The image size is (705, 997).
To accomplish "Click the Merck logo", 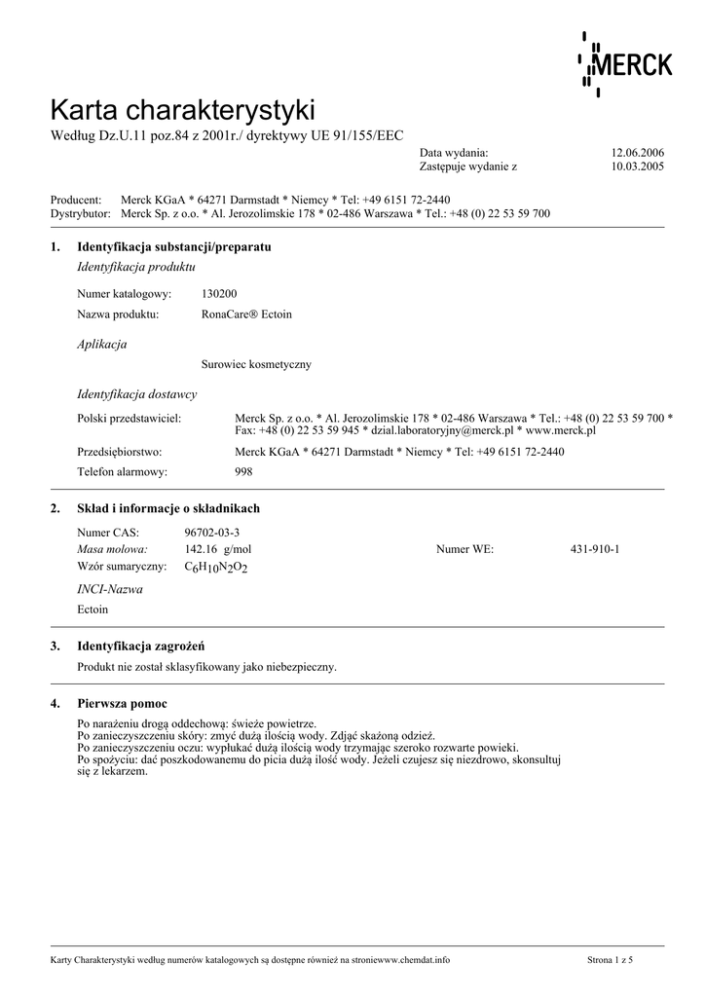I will tap(624, 64).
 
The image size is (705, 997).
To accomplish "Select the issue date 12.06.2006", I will tap(637, 153).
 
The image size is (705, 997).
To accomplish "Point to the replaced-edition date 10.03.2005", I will tap(637, 166).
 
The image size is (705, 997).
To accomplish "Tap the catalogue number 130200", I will tap(219, 293).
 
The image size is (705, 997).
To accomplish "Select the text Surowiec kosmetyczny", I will tap(256, 364).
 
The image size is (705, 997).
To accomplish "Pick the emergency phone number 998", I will tap(243, 471).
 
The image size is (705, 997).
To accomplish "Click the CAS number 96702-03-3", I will tap(211, 533).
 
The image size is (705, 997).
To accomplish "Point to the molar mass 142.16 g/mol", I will tap(212, 549).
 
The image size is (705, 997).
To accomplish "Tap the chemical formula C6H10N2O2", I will tap(216, 567).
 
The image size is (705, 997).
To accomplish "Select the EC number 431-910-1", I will tap(595, 549).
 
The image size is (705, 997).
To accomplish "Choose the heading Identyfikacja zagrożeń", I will tap(140, 646).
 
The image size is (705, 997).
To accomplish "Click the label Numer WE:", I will tap(464, 549).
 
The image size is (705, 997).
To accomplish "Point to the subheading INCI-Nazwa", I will tap(109, 589).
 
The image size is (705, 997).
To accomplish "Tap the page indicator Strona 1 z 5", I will tap(610, 960).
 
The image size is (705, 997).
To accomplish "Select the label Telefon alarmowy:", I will tap(122, 471).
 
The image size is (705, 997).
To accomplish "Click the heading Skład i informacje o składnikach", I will tap(167, 508).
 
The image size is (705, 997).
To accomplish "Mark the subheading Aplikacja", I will tap(101, 344).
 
